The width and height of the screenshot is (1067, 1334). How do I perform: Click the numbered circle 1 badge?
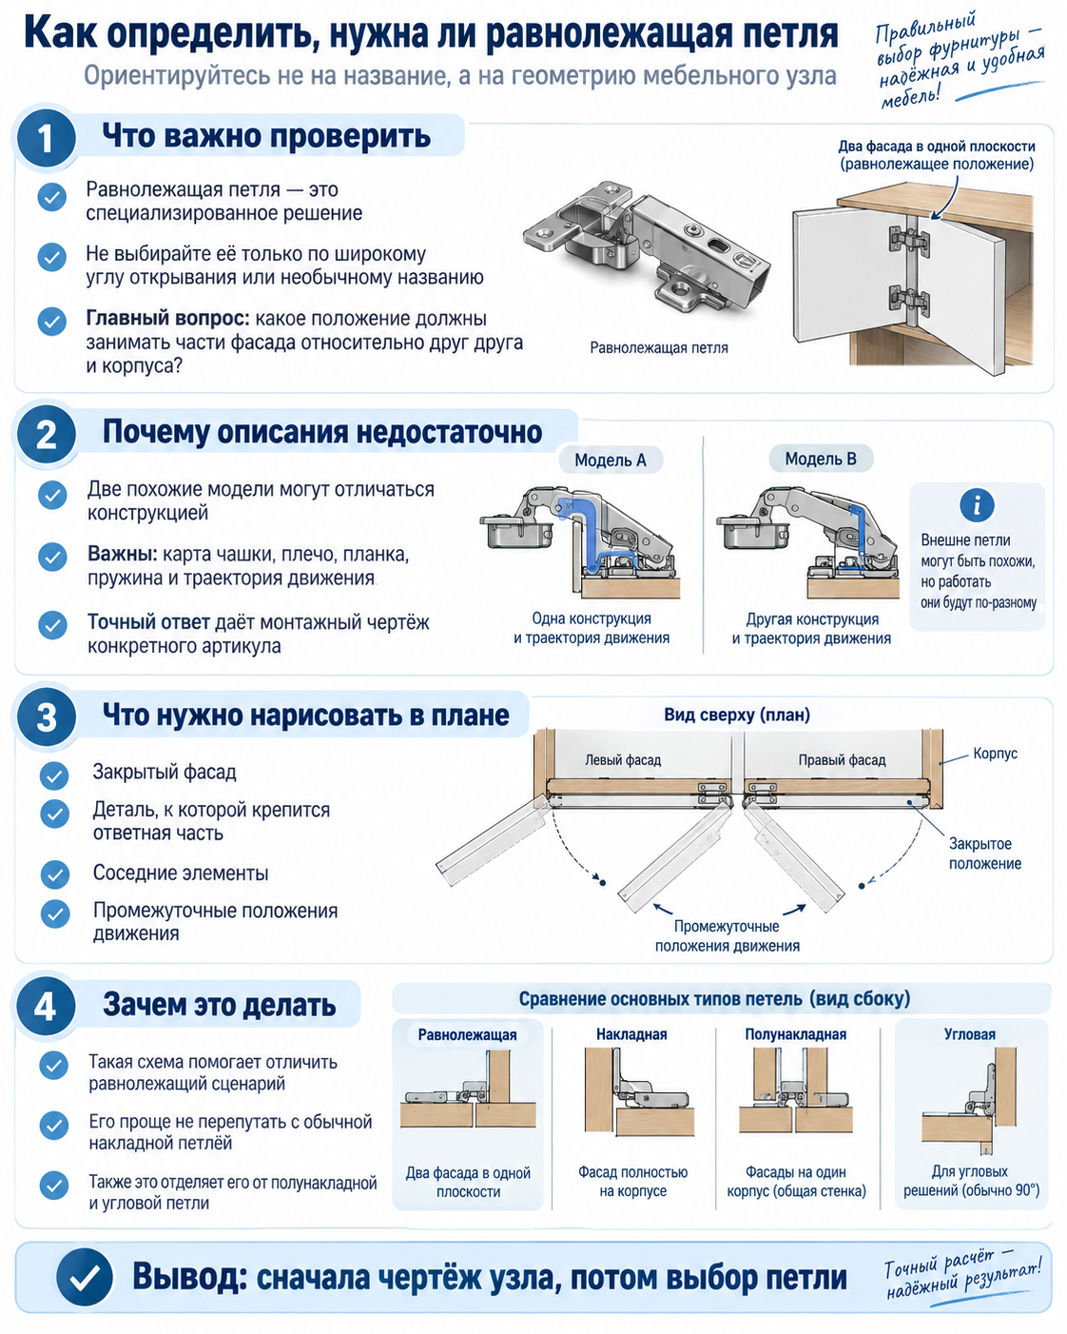[46, 138]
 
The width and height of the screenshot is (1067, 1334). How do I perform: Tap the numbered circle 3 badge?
[46, 717]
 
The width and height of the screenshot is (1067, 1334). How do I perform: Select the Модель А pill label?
[611, 460]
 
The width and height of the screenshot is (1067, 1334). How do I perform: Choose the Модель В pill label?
[821, 459]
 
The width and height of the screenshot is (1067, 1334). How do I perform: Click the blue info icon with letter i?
[978, 505]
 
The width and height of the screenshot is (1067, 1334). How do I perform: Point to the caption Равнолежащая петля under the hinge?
[659, 347]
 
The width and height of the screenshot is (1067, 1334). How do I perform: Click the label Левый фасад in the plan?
[623, 759]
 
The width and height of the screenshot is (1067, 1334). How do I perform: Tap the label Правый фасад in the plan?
[842, 759]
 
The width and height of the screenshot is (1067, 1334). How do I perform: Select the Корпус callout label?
[995, 754]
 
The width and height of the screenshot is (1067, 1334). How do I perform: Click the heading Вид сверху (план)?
[737, 715]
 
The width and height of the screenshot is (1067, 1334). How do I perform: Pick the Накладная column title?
[631, 1034]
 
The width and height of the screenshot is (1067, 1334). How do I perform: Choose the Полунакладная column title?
[796, 1034]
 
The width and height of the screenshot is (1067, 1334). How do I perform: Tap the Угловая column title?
[970, 1034]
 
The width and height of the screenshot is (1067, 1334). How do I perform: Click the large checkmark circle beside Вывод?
[85, 1277]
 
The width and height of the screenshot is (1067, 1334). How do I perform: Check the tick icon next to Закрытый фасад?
[54, 775]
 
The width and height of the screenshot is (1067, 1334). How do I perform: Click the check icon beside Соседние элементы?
[55, 874]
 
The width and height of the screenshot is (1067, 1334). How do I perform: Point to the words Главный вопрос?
[168, 319]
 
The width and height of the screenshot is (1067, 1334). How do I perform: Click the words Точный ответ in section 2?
[148, 621]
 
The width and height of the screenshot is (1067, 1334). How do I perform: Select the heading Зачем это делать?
[220, 1005]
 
